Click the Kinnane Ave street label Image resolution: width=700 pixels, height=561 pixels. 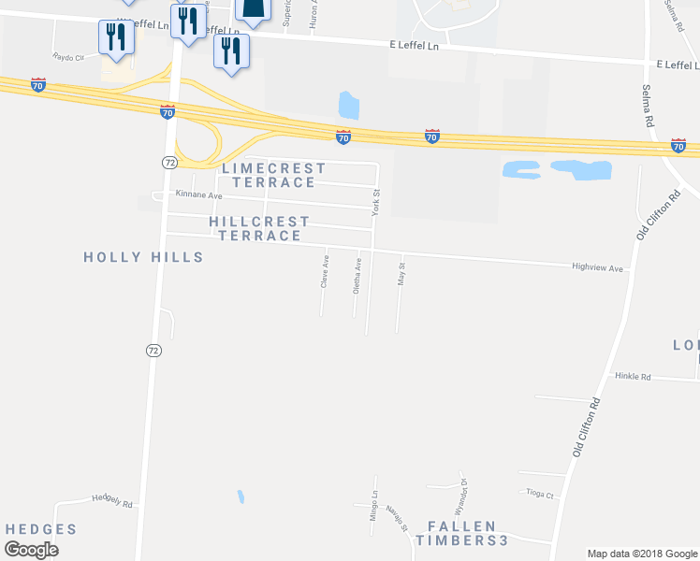coord(199,195)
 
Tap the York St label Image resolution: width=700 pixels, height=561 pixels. coord(376,202)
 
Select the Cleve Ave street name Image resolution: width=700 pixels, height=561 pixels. coord(326,270)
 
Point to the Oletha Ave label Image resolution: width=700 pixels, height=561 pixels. coord(357,277)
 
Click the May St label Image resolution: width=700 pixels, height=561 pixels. coord(401,273)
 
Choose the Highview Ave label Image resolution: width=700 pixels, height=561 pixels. coord(597,267)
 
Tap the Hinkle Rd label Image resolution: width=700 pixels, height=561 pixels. coord(633,376)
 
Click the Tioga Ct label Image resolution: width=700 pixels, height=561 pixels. coord(540,495)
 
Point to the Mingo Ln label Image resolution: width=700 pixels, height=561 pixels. coord(372,506)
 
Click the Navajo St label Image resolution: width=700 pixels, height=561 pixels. coord(400,517)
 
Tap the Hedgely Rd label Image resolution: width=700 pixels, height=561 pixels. coord(112,502)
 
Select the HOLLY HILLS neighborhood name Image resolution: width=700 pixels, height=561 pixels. coord(143,256)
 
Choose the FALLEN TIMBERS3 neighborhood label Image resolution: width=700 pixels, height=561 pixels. coord(461,533)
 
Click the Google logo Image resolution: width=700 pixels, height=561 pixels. coord(31,550)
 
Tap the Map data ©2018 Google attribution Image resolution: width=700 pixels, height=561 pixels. coord(641,554)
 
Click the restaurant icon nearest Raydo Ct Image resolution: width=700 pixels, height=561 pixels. coord(116,39)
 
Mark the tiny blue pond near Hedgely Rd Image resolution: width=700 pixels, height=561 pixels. coord(241,496)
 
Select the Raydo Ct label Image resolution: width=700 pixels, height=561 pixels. coord(68,57)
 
